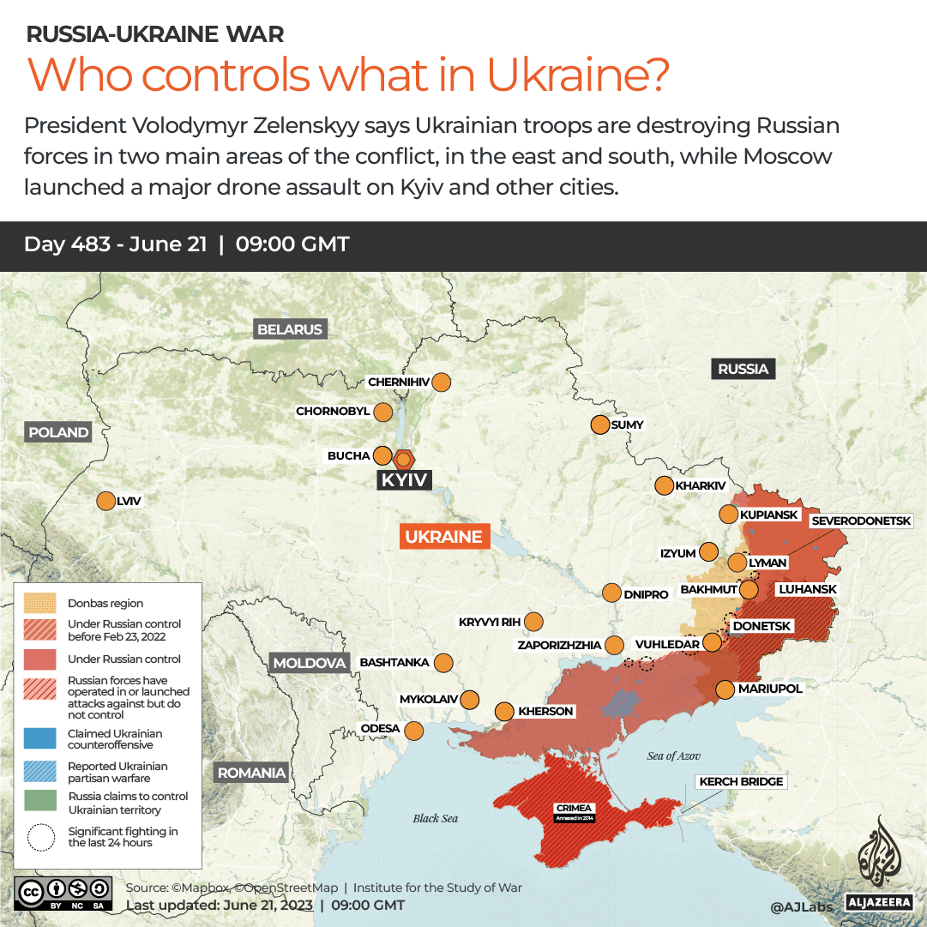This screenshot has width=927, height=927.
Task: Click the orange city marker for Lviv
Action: (106, 502)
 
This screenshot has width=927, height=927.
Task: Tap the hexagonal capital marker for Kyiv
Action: (403, 458)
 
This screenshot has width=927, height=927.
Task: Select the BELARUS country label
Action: (290, 329)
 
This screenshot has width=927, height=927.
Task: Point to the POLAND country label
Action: (58, 432)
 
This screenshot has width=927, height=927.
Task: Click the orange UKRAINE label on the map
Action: (444, 537)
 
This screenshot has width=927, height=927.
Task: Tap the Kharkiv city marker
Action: (664, 486)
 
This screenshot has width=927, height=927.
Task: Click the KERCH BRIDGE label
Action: (742, 781)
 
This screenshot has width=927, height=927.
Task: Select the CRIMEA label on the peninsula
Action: (574, 809)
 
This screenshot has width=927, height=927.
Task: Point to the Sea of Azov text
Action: (673, 755)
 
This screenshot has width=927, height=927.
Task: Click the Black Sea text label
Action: (436, 818)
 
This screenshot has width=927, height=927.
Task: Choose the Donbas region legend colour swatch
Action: (40, 603)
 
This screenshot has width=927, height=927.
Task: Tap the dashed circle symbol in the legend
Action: (40, 837)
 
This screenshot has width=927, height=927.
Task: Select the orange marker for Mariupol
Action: (725, 689)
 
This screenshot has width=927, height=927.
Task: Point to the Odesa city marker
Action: (413, 731)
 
